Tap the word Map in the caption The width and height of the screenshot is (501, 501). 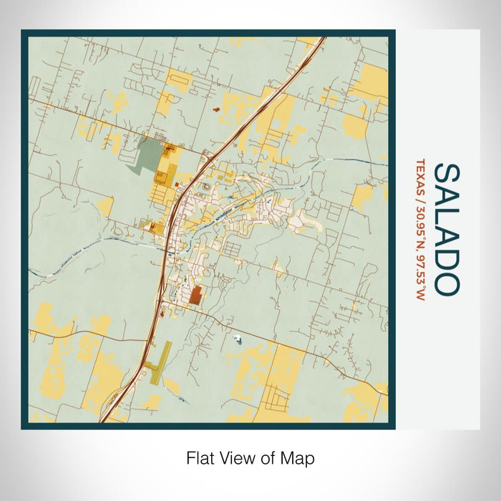pos(301,457)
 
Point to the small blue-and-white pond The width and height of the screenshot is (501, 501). pos(238,341)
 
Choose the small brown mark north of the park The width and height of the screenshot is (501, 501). pos(217,111)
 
